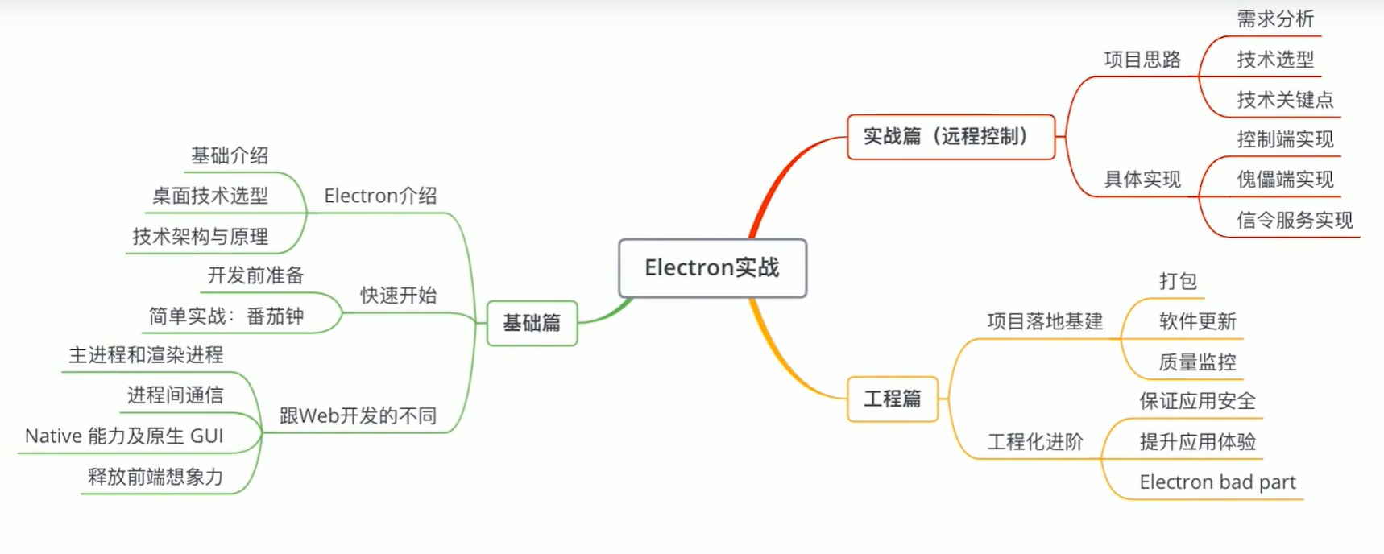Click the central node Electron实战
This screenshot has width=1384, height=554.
(712, 267)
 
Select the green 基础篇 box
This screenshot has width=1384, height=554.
(532, 323)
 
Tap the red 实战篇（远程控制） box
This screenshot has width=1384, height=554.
(951, 136)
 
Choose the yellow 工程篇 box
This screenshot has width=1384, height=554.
(893, 399)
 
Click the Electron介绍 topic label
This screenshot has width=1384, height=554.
(380, 196)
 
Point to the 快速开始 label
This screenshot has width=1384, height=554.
(398, 296)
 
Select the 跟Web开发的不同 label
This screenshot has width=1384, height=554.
(358, 415)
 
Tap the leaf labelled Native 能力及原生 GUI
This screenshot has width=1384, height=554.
(124, 436)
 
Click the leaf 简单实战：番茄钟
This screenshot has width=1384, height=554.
(226, 316)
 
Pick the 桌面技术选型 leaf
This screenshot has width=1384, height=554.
(210, 196)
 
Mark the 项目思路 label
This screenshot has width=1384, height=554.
(1142, 60)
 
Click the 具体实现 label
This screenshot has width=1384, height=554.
(1142, 180)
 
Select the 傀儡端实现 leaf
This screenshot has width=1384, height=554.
(1285, 180)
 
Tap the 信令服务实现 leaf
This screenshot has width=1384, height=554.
(1295, 220)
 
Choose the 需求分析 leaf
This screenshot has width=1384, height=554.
(1275, 19)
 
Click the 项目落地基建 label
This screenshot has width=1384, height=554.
(1045, 321)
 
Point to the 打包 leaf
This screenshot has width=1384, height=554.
(1178, 281)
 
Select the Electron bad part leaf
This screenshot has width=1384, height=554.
(1217, 482)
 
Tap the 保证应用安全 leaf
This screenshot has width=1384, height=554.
(1197, 401)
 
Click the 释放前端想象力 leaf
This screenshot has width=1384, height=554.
(155, 477)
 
